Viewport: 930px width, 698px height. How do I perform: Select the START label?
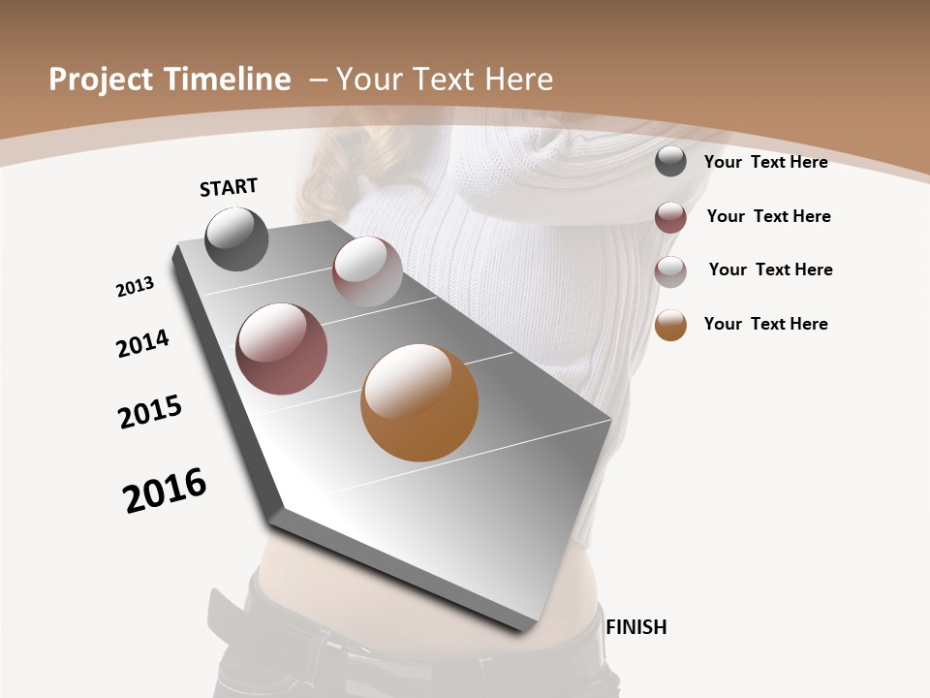(229, 187)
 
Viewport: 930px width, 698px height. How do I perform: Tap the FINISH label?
(635, 627)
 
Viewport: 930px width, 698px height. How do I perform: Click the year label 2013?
(135, 287)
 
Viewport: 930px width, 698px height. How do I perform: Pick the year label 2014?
(142, 343)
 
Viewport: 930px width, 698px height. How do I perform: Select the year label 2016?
(165, 491)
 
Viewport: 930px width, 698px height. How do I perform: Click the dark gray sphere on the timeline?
(236, 238)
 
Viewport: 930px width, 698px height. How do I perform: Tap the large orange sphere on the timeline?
(419, 402)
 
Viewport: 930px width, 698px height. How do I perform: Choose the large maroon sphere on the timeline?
(281, 349)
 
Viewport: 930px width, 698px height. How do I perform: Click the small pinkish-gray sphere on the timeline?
(367, 270)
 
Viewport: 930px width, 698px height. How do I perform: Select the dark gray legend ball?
(670, 161)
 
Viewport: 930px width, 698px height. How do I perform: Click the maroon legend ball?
(670, 216)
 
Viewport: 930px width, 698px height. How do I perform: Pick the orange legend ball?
(670, 325)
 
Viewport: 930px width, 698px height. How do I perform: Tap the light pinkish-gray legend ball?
(670, 270)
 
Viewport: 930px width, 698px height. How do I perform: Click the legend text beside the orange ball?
(765, 324)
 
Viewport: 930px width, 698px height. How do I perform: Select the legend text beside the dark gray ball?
(765, 162)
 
